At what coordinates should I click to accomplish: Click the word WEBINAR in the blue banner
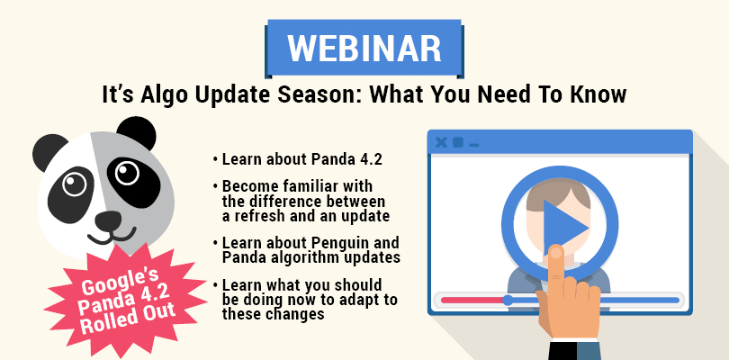364,48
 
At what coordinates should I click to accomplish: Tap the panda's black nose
108,220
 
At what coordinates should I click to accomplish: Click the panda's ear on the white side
49,152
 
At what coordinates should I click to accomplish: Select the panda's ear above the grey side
136,132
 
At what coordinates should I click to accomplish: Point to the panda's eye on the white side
74,184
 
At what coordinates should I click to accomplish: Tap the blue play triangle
565,228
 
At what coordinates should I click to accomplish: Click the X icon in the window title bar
441,143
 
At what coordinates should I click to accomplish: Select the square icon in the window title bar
458,143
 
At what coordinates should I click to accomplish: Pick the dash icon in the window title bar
473,146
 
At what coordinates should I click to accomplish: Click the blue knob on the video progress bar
508,300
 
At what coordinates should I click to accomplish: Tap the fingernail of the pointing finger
555,252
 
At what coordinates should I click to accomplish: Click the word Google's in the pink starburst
120,281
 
